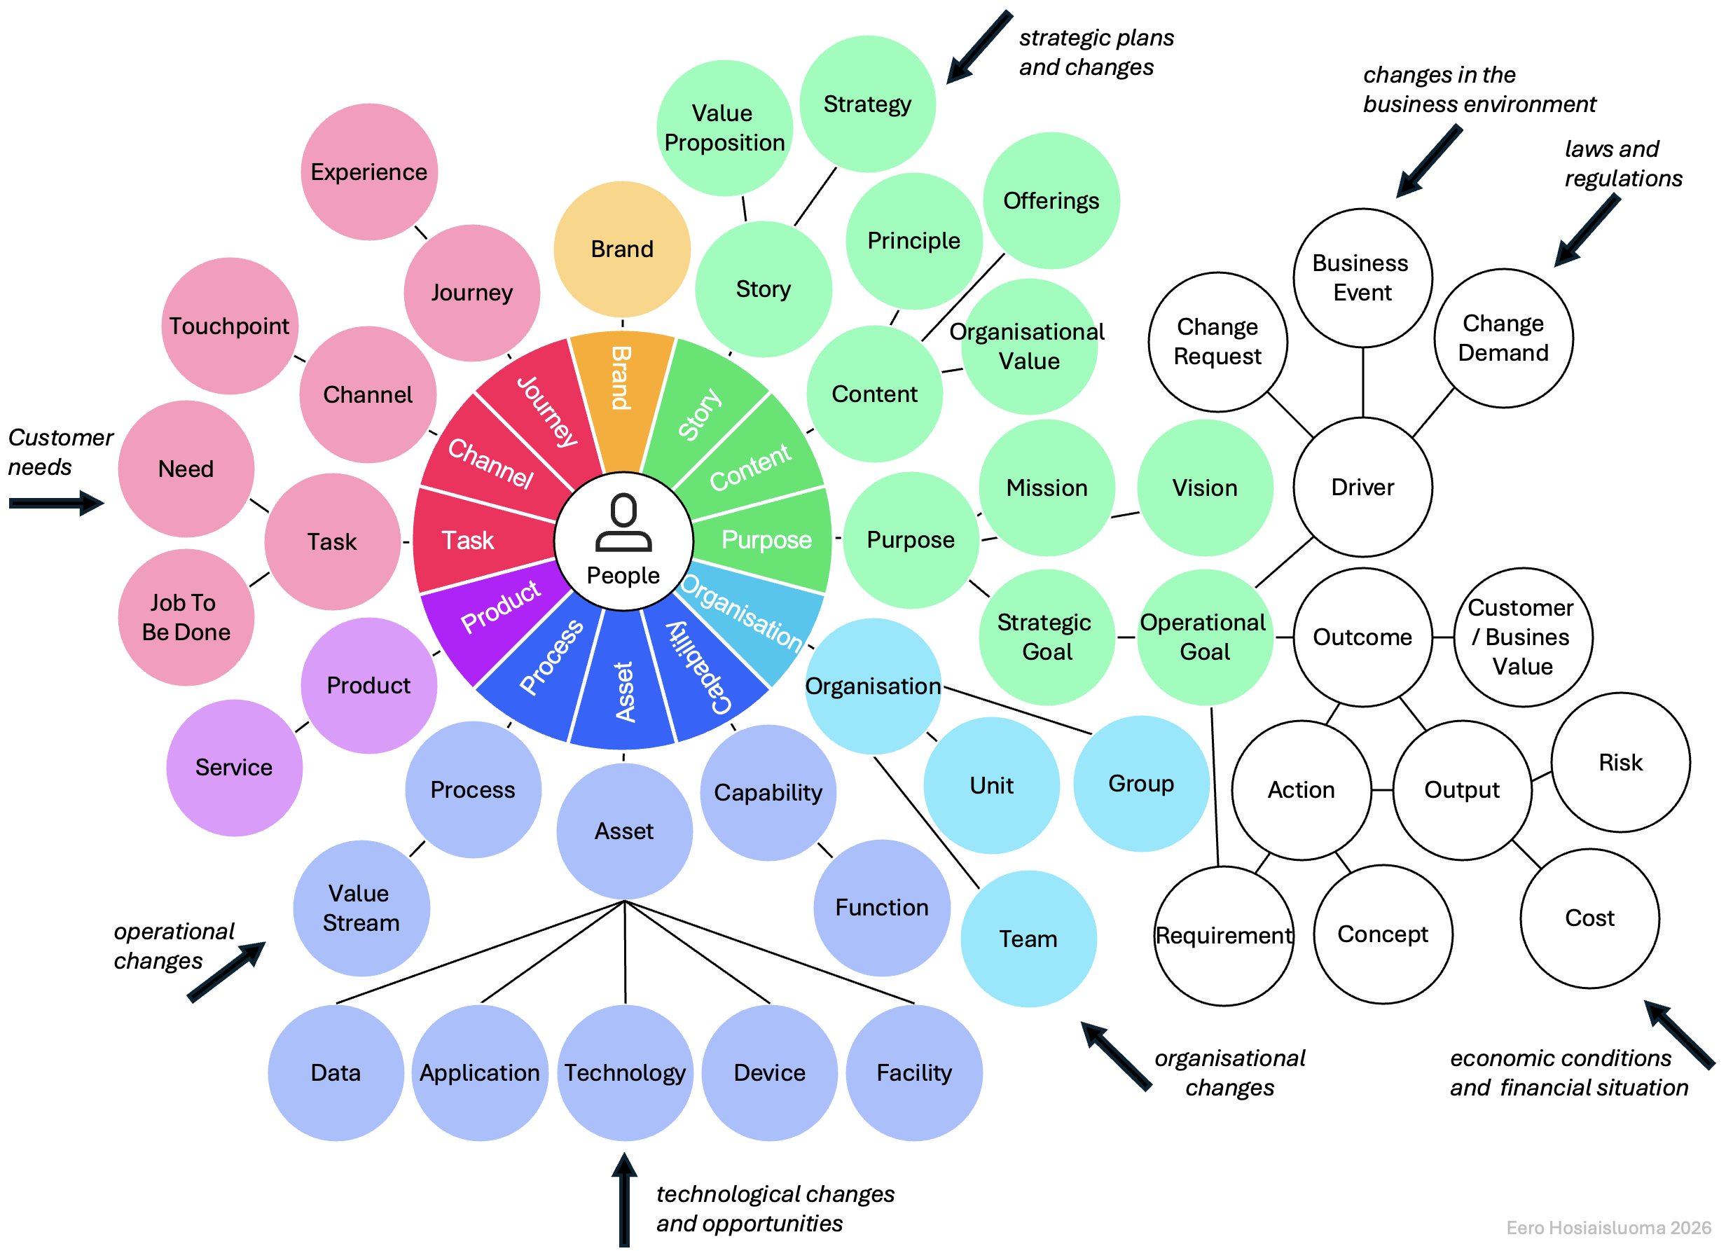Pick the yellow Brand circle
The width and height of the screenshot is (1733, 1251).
(x=622, y=249)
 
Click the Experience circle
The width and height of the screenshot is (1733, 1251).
(x=368, y=172)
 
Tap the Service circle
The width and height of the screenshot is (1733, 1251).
(x=234, y=767)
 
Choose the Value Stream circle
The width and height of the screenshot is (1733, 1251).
(x=361, y=908)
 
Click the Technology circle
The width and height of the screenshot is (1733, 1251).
(x=625, y=1072)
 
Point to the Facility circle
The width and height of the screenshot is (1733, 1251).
(x=914, y=1072)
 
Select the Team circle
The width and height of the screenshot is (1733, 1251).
(x=1028, y=939)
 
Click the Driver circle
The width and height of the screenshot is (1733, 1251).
(x=1362, y=487)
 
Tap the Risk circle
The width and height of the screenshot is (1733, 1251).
(x=1620, y=762)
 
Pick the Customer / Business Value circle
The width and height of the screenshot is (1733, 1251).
(x=1522, y=637)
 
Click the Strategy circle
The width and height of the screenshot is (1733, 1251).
(x=867, y=104)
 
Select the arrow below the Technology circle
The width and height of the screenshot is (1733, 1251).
(x=624, y=1200)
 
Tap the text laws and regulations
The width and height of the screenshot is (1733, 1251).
(x=1622, y=163)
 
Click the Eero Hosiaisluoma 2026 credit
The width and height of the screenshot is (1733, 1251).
(x=1608, y=1227)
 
